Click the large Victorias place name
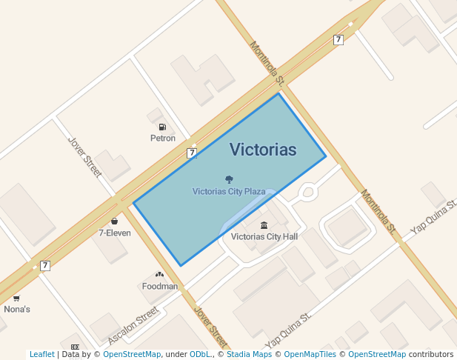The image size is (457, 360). [262, 150]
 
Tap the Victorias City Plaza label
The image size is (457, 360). [229, 191]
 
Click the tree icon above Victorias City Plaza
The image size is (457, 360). [229, 179]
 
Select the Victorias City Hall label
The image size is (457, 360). [264, 237]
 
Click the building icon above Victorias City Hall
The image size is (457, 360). [264, 225]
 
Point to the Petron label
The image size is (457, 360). [163, 139]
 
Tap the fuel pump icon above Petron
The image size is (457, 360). [162, 127]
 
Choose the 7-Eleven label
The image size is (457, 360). [115, 233]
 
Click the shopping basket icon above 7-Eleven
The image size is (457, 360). [114, 221]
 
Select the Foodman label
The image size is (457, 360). [160, 286]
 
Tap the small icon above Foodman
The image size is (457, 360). [159, 274]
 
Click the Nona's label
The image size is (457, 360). [17, 309]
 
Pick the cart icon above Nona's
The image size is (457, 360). [16, 298]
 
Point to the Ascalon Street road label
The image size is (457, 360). [133, 326]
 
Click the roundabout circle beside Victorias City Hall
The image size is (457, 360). [308, 192]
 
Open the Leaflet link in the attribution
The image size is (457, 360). [41, 354]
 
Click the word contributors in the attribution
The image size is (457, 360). [431, 354]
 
